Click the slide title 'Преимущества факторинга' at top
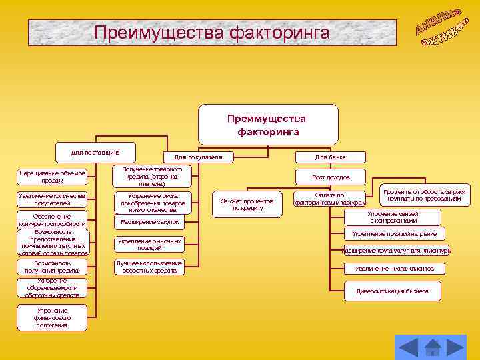coord(212,32)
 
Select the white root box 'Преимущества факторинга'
coord(267,125)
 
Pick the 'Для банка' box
coord(330,157)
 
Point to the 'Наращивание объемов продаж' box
coord(52,177)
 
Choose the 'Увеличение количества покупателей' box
coord(52,199)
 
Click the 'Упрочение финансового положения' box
coord(52,318)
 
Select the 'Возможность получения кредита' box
coord(52,267)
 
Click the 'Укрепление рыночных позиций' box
coord(149,244)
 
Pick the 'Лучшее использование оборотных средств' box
coord(149,267)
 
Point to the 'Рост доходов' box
coord(331,177)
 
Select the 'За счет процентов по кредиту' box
coord(247,204)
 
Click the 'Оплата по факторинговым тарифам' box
coord(331,199)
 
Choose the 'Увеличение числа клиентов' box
coord(395,268)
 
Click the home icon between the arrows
coord(433,347)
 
